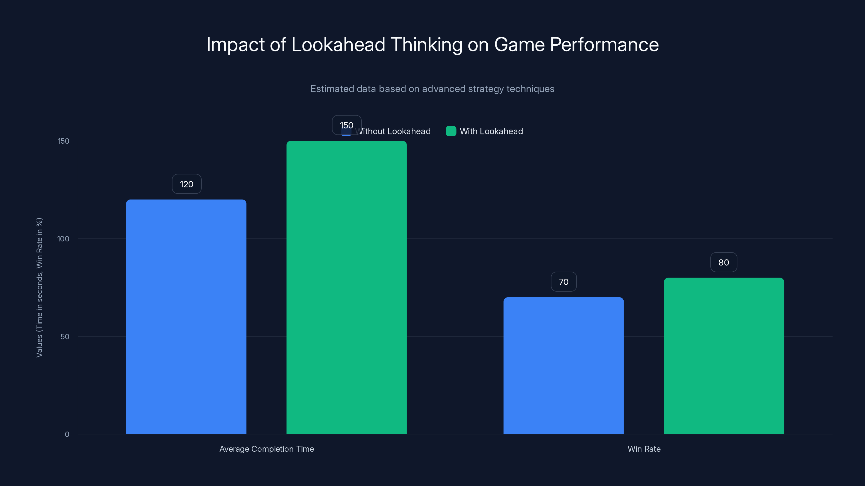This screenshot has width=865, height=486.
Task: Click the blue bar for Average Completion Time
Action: [x=186, y=317]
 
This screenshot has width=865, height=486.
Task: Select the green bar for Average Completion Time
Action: [x=346, y=288]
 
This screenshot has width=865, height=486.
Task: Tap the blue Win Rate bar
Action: [x=563, y=365]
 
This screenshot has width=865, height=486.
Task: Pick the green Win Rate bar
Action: [x=724, y=356]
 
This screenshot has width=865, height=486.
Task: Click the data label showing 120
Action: [x=187, y=184]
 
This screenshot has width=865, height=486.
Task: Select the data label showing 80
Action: [x=724, y=262]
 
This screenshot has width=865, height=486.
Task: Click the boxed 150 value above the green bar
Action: [x=346, y=125]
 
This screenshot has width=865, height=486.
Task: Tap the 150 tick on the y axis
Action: [x=64, y=141]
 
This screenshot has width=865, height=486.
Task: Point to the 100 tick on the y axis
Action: [x=63, y=239]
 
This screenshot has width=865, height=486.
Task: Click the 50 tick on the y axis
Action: [x=65, y=337]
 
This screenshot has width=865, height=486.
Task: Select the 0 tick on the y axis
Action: [x=67, y=434]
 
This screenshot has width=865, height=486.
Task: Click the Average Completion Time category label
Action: [x=267, y=449]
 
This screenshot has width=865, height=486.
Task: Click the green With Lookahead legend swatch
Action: [x=451, y=131]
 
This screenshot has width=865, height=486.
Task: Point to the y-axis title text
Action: [x=39, y=288]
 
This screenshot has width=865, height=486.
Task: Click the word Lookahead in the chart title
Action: [x=338, y=45]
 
